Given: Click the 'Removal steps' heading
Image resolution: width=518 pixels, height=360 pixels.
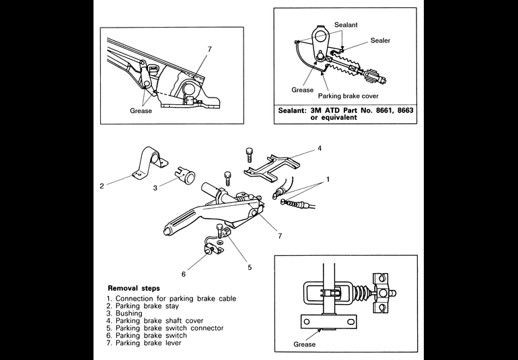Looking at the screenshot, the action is pos(133,288).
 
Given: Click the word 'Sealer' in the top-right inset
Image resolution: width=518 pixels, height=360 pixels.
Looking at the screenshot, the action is pos(380,40).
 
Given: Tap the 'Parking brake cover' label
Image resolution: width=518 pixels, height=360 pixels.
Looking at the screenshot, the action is pos(348,96).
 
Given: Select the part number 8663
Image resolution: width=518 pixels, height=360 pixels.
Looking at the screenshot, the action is pos(405,110).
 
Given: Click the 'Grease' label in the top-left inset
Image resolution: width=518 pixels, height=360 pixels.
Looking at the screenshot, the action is pos(141,111).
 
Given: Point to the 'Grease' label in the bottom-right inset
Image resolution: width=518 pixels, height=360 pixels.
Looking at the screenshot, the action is pos(304,344).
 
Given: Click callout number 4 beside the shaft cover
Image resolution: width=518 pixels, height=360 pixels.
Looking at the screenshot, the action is pos(320,149).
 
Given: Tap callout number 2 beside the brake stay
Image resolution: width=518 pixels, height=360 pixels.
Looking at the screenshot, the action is pos(102,186).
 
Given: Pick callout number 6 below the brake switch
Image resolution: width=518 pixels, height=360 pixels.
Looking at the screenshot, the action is pos(184,274).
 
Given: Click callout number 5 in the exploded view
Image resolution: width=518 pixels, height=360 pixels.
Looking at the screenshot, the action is pos(250,267).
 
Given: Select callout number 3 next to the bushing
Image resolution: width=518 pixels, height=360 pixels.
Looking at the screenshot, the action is pos(155,188).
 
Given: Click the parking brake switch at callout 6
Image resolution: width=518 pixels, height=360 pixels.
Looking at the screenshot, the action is pos(211,248).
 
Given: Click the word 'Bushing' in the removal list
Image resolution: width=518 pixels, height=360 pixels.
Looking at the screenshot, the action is pos(129,313).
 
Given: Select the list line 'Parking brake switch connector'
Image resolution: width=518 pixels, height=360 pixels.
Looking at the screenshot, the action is pos(170,328).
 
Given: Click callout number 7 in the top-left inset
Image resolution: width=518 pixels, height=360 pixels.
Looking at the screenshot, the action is pos(209,49).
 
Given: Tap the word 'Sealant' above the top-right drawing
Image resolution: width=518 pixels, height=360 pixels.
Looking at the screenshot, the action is pos(346,25).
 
